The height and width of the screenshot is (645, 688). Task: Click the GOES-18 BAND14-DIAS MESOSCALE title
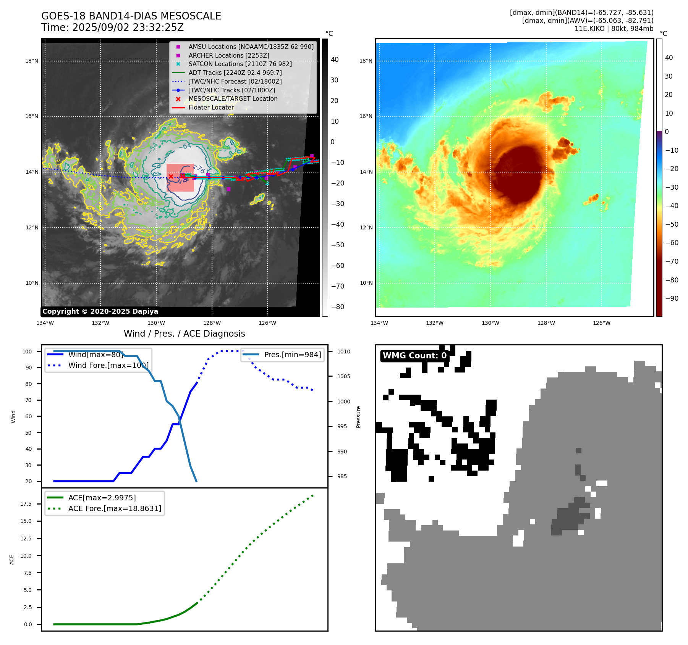(131, 16)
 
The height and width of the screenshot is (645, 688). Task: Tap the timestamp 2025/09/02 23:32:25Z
(128, 28)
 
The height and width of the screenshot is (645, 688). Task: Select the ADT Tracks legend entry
(235, 73)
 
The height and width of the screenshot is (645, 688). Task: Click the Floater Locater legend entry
(211, 108)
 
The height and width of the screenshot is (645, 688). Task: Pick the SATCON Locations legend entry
(240, 64)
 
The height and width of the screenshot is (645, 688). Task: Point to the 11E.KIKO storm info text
(614, 29)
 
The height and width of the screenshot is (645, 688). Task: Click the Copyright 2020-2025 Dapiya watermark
(100, 311)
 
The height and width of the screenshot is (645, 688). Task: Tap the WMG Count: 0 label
(414, 356)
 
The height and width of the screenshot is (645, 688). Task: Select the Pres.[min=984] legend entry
(292, 355)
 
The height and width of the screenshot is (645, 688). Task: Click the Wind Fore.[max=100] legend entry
(108, 365)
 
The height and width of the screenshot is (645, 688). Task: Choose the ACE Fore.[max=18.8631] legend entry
(115, 508)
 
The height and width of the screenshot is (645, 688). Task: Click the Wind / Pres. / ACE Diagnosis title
(184, 334)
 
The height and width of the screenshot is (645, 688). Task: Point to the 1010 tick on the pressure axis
(343, 352)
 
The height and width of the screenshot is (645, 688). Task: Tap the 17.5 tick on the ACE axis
(26, 504)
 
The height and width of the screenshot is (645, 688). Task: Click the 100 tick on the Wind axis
(27, 352)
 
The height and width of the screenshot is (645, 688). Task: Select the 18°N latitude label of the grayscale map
(32, 61)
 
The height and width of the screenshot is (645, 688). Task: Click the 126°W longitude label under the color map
(601, 323)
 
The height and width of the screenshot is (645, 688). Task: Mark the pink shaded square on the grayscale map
(180, 178)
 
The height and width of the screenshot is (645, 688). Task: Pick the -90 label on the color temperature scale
(672, 298)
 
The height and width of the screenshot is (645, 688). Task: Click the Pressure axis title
(358, 417)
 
